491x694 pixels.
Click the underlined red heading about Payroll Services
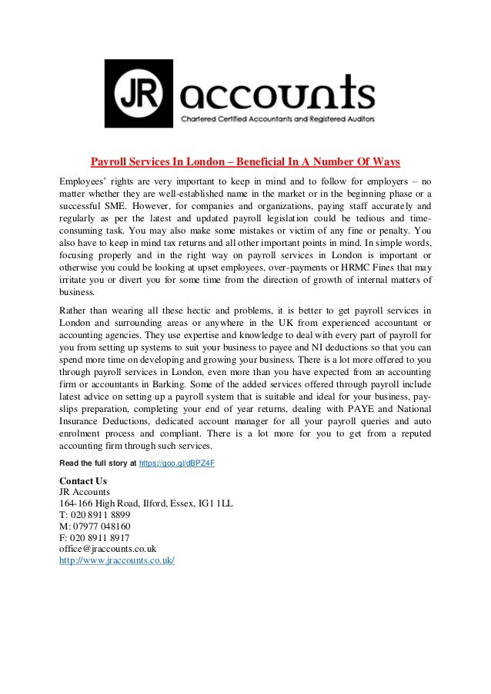click(245, 162)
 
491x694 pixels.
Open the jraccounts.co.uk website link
click(117, 560)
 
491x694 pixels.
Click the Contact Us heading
click(83, 481)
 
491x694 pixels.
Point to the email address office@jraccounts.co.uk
click(108, 549)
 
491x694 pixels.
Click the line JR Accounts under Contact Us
click(85, 493)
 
